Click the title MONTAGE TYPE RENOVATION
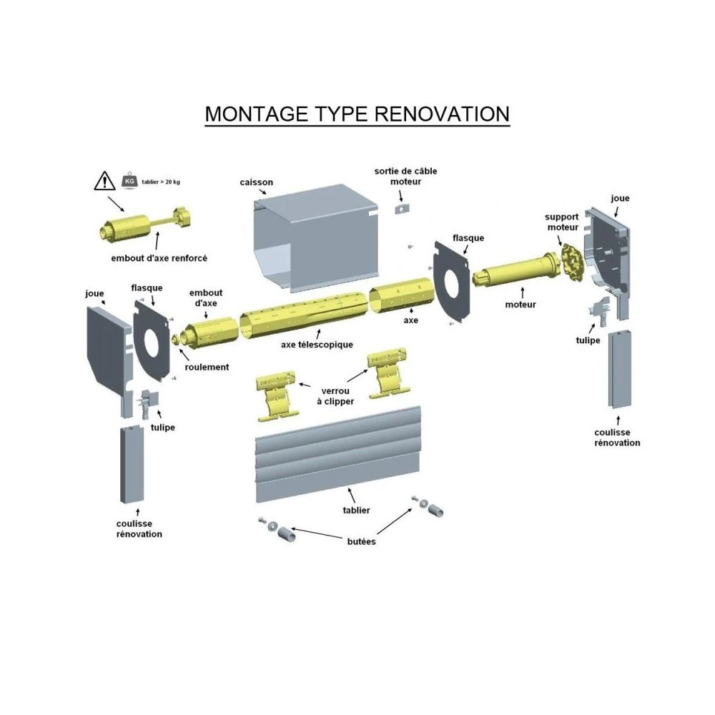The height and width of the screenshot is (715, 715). [357, 114]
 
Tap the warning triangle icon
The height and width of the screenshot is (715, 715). [104, 181]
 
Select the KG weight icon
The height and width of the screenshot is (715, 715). [129, 181]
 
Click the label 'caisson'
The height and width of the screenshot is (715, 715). [256, 182]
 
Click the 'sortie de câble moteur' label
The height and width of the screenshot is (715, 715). [405, 176]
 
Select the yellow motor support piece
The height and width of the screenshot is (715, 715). [570, 263]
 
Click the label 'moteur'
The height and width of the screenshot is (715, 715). [520, 305]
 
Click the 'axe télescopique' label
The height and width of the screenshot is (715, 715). [317, 345]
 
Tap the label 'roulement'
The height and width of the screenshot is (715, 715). [207, 367]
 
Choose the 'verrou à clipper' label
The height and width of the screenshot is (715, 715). [335, 396]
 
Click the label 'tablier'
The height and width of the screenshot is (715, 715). [356, 510]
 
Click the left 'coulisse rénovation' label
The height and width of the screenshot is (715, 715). [139, 529]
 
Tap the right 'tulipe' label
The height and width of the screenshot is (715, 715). [588, 340]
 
